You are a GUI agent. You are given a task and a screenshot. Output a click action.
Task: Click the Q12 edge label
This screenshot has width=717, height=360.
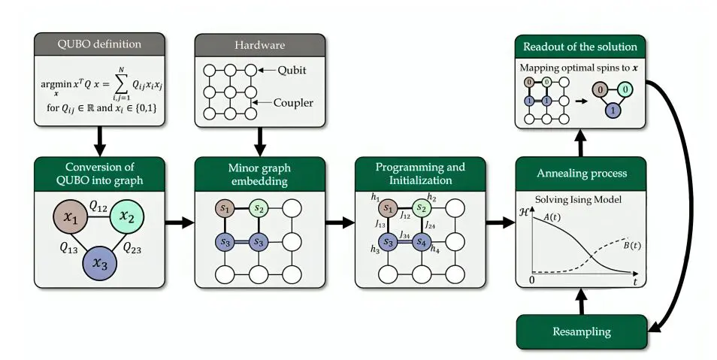98,205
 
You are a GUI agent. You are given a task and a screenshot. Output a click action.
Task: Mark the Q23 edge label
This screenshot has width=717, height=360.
133,247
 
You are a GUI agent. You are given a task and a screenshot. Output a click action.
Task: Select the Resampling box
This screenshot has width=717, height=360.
581,331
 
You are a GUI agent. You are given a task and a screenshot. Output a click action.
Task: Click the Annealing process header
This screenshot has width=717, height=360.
581,174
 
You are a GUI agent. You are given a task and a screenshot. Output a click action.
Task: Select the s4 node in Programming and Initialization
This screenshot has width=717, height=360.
422,242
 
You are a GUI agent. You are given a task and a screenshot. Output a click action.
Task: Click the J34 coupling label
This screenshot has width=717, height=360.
405,234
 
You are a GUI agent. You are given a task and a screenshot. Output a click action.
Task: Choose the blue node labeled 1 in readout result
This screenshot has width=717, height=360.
613,110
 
